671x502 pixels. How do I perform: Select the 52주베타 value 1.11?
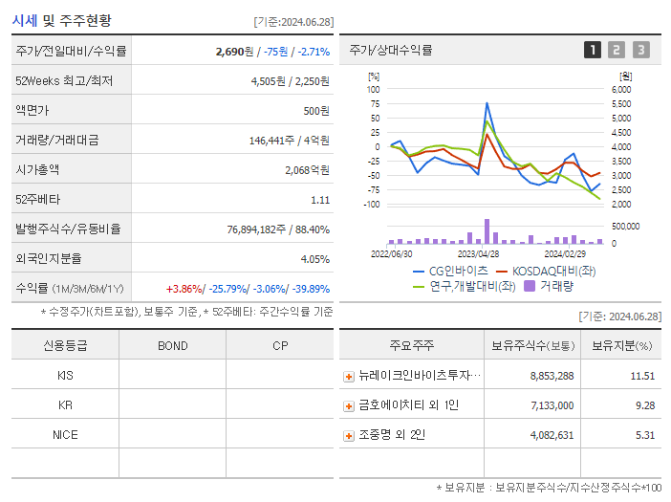click(319, 200)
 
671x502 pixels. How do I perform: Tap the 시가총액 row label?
click(37, 170)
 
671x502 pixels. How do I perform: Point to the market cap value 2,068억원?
click(307, 170)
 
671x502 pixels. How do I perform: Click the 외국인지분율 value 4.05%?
click(314, 259)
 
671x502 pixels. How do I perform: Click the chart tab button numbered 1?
click(593, 51)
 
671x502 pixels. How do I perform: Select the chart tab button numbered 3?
click(640, 51)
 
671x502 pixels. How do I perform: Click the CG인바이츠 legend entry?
click(450, 272)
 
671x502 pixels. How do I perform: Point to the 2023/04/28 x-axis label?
click(479, 254)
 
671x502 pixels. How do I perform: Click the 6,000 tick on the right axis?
click(620, 89)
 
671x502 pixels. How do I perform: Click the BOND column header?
click(172, 346)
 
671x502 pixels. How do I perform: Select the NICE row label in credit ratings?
click(65, 435)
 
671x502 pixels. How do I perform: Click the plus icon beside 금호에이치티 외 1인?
click(349, 406)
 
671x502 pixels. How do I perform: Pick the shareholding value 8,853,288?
click(552, 377)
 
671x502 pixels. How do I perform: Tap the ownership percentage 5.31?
click(642, 436)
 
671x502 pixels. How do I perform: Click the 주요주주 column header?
click(411, 346)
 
